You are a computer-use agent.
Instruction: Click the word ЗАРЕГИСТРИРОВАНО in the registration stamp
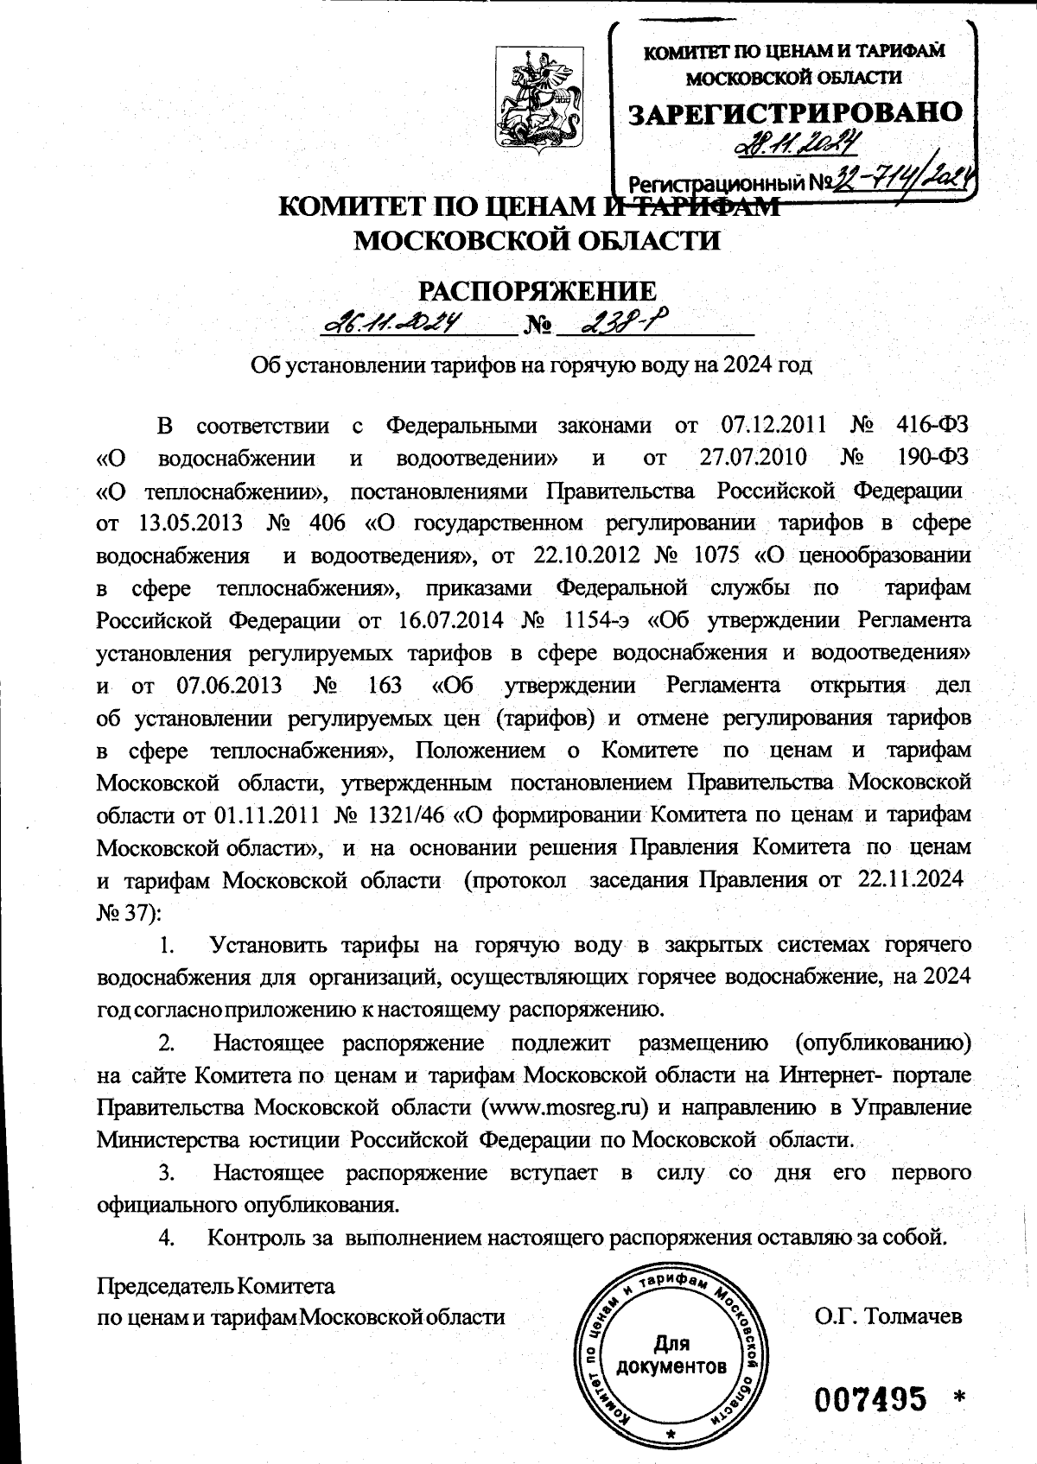(794, 112)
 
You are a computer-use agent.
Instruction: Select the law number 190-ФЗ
(938, 457)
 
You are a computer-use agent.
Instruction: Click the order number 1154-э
(593, 620)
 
